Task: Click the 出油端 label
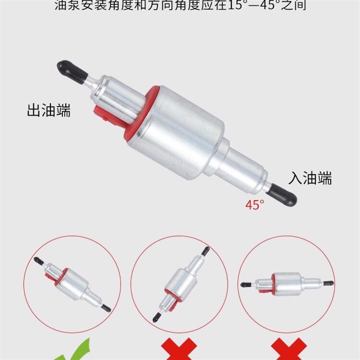click(49, 110)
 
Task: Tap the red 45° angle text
click(255, 204)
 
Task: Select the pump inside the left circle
click(72, 284)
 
